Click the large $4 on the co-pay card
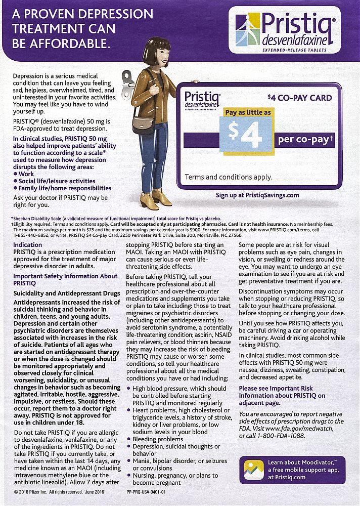(x=244, y=132)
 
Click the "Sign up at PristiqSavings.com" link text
(x=257, y=195)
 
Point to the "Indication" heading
(x=27, y=245)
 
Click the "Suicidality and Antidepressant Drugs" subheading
(x=60, y=293)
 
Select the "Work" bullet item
(x=26, y=174)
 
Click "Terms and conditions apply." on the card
(x=229, y=177)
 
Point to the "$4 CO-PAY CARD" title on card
(x=300, y=98)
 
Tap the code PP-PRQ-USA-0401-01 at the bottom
(x=152, y=491)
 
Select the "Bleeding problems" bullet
(x=158, y=440)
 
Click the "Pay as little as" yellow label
(x=248, y=112)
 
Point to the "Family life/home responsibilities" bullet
(x=65, y=188)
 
